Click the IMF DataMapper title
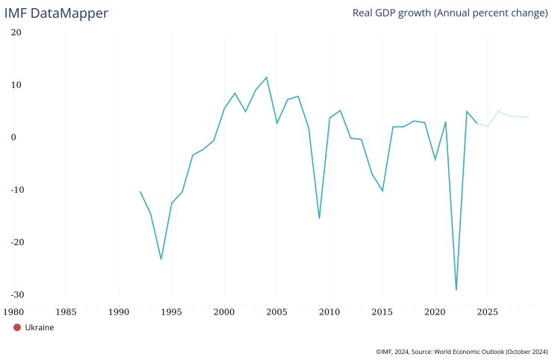[56, 13]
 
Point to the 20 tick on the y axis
[16, 33]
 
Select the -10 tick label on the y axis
[15, 190]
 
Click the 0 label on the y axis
[13, 137]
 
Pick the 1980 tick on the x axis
[13, 310]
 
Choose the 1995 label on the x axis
[171, 310]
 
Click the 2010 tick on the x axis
[329, 310]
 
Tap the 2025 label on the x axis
[487, 310]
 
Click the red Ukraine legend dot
[17, 327]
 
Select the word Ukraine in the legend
[40, 327]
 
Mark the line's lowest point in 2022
[456, 290]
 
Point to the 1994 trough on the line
[161, 259]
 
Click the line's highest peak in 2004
[267, 77]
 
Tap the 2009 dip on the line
[319, 218]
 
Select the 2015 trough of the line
[382, 190]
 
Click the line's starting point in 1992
[140, 191]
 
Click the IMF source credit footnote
[462, 351]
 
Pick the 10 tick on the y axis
[16, 85]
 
